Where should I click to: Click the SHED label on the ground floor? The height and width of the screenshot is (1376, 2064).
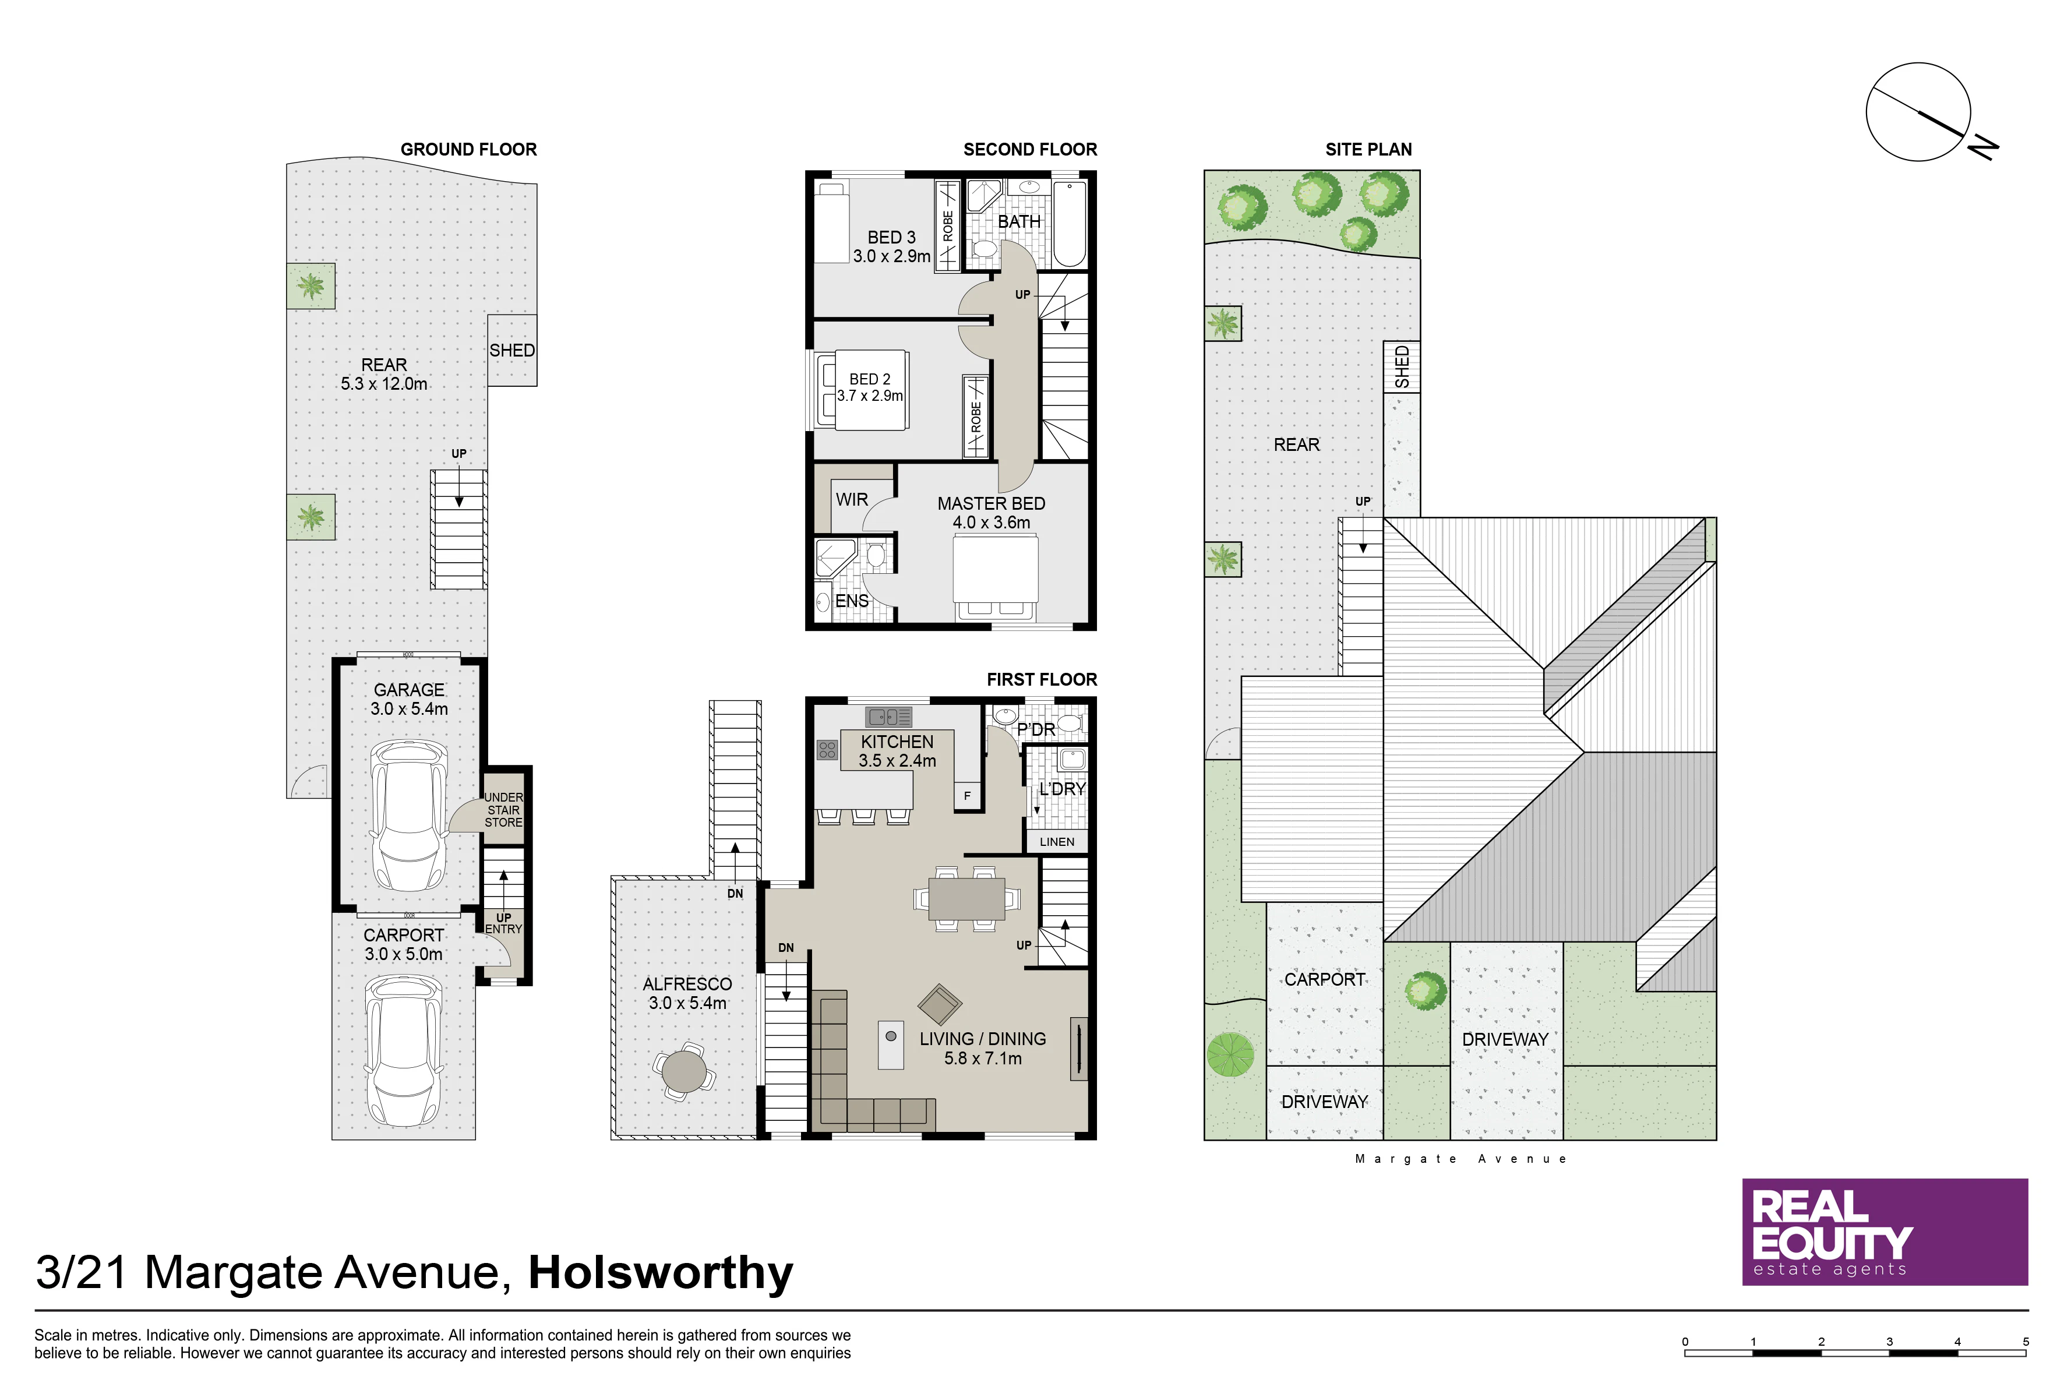pyautogui.click(x=511, y=350)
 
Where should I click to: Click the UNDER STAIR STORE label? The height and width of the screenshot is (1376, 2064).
pyautogui.click(x=504, y=810)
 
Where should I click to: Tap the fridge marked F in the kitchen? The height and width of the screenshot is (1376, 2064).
pyautogui.click(x=967, y=796)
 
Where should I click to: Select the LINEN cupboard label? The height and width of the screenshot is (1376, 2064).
pyautogui.click(x=1057, y=842)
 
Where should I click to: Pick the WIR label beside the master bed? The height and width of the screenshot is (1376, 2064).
pyautogui.click(x=851, y=499)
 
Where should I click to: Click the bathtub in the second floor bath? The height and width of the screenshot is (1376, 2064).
pyautogui.click(x=1069, y=225)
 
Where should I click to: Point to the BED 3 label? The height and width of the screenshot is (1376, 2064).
pyautogui.click(x=891, y=238)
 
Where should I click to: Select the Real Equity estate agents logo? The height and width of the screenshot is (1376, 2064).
pyautogui.click(x=1885, y=1232)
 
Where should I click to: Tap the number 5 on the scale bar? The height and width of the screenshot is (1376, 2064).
pyautogui.click(x=2026, y=1342)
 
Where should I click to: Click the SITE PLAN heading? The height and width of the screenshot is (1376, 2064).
pyautogui.click(x=1368, y=149)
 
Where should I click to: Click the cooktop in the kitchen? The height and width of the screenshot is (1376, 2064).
pyautogui.click(x=827, y=749)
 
